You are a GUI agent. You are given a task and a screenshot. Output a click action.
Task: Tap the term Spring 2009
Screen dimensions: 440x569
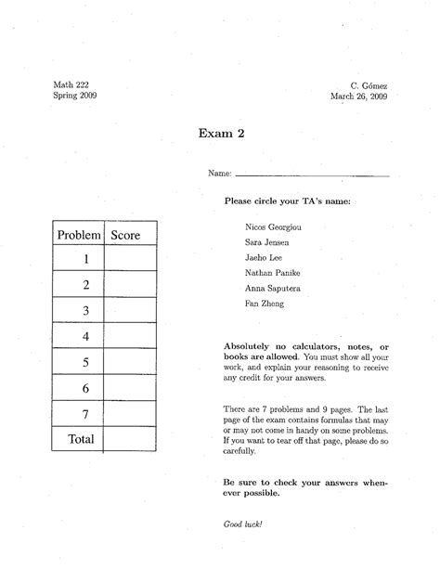pyautogui.click(x=74, y=96)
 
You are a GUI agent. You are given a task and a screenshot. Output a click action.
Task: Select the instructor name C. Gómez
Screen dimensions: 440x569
pyautogui.click(x=369, y=84)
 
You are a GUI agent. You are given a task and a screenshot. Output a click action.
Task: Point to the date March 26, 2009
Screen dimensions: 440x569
pyautogui.click(x=358, y=96)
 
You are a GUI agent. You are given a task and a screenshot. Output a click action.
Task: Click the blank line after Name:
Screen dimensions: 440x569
pyautogui.click(x=312, y=174)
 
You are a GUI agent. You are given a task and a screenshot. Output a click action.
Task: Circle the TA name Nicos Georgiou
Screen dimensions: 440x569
pyautogui.click(x=273, y=226)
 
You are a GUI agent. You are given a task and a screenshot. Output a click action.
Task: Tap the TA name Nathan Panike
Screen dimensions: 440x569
pyautogui.click(x=271, y=272)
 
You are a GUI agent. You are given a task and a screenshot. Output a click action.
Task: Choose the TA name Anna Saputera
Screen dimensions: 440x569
pyautogui.click(x=272, y=288)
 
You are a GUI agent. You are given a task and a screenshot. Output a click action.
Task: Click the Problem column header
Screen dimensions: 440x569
pyautogui.click(x=78, y=236)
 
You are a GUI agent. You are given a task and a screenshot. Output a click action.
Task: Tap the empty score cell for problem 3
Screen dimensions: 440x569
pyautogui.click(x=130, y=310)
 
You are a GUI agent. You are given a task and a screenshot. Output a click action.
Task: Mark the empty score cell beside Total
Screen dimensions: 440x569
pyautogui.click(x=130, y=439)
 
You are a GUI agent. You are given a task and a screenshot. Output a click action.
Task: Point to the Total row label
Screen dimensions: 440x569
pyautogui.click(x=81, y=439)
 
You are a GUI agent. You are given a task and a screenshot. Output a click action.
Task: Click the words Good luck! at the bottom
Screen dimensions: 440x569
pyautogui.click(x=243, y=524)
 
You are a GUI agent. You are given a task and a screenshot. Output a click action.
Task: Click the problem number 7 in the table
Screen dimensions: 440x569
pyautogui.click(x=84, y=413)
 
